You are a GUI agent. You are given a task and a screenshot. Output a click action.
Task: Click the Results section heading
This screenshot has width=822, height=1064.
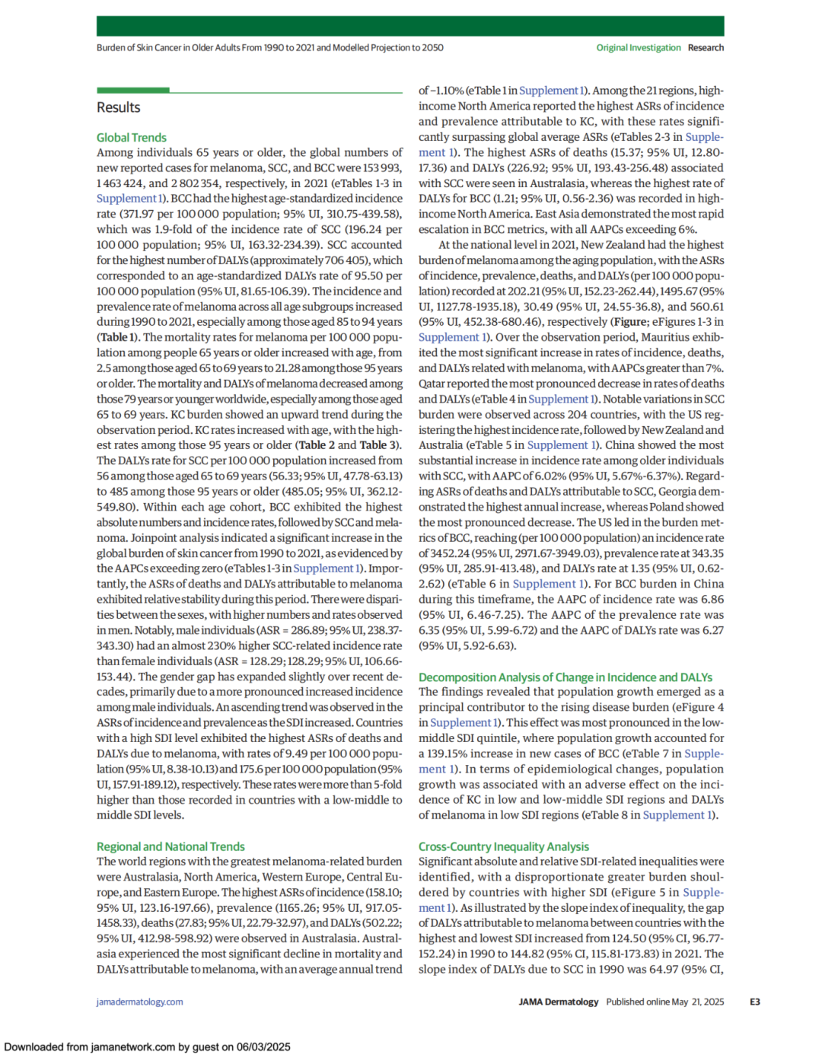118,107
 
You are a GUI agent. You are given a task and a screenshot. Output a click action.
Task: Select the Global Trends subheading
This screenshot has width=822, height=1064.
131,138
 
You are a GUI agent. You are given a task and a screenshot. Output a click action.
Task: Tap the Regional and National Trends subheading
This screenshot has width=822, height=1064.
170,846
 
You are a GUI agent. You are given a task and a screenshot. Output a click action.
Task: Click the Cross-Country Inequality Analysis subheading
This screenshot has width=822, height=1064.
503,846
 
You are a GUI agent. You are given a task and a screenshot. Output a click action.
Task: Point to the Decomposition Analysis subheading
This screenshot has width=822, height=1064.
565,677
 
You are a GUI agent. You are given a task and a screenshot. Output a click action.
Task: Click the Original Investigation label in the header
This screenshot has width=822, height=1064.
638,47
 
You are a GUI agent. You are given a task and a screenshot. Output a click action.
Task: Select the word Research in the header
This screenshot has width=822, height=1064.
706,47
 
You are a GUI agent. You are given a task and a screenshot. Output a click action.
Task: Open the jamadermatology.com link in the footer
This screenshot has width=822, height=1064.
139,1002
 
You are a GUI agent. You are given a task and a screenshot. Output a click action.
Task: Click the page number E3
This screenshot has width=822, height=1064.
754,1002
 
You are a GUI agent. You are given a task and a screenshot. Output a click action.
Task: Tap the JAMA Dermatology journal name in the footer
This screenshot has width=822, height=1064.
558,1002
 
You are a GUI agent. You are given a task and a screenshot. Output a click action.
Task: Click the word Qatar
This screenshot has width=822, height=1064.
432,384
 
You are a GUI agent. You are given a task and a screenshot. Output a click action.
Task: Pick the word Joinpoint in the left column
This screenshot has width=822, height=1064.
120,537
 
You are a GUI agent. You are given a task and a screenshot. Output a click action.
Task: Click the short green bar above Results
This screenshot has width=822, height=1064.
132,91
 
